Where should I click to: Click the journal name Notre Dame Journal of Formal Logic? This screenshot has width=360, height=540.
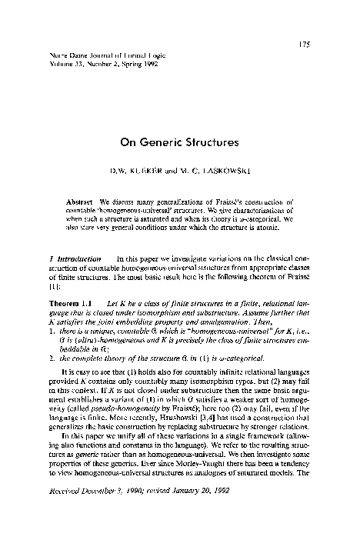click(88, 55)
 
